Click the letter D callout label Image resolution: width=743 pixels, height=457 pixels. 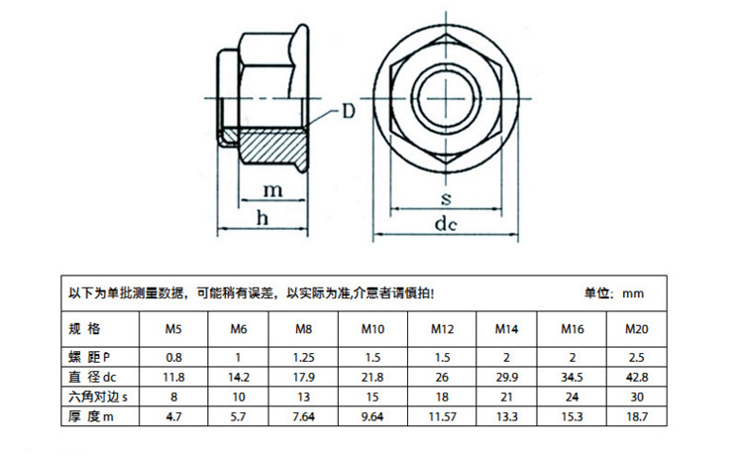(349, 111)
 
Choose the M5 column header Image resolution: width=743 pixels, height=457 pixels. (173, 328)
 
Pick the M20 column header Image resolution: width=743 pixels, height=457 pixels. (636, 328)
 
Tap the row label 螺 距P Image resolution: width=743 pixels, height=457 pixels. (89, 356)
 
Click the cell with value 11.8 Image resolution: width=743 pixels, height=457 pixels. (173, 377)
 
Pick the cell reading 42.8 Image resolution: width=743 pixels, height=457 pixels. (636, 377)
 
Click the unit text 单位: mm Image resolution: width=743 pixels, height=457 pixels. (614, 294)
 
